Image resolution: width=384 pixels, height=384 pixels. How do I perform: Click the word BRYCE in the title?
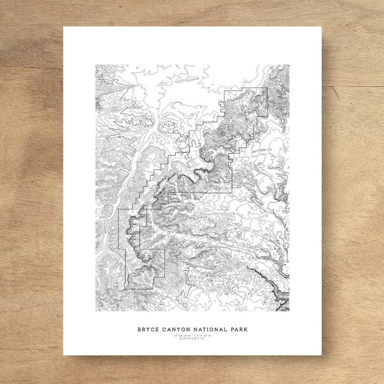tap(148, 330)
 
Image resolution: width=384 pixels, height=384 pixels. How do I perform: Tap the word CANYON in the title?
tap(176, 330)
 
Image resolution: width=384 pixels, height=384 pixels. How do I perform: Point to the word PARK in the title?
tap(239, 330)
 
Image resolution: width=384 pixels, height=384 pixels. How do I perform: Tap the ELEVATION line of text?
tap(193, 339)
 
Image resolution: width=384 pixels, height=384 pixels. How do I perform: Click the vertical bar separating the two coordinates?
tap(193, 336)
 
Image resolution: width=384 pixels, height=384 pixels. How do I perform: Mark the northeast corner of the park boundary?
tap(267, 88)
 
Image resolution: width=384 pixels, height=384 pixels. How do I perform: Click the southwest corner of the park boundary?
tap(125, 289)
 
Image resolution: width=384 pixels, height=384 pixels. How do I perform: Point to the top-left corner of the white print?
tap(63, 27)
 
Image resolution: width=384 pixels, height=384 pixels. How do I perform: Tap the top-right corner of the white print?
tap(322, 27)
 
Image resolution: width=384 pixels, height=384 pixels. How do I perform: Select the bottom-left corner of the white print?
tap(63, 355)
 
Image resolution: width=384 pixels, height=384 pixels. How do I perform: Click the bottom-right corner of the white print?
tap(322, 355)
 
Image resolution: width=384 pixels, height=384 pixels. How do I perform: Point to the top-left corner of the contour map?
tap(96, 65)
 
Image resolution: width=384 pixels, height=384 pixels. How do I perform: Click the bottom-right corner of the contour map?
tap(289, 311)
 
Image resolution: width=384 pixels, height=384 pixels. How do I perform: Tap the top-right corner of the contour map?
tap(289, 65)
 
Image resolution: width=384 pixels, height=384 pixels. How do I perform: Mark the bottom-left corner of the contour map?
tap(96, 311)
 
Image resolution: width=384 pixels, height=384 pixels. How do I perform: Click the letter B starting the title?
tap(139, 330)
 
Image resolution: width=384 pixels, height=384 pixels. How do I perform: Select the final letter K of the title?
tap(246, 330)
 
